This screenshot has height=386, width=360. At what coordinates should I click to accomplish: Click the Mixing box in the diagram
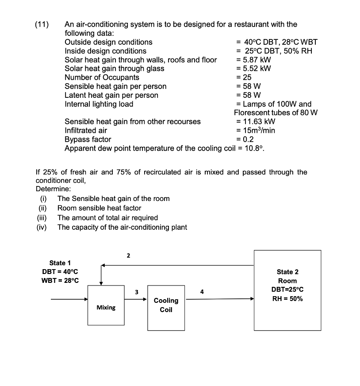pos(106,306)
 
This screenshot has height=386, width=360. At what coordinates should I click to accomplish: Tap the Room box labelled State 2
pos(287,290)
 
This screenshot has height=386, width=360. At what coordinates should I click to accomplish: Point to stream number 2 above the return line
pos(128,255)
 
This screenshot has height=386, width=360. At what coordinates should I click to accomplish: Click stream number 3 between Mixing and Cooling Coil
pos(137,292)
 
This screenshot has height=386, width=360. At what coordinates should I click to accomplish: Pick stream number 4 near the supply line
pos(202,292)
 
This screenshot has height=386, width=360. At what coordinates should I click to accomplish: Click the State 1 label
pos(60,263)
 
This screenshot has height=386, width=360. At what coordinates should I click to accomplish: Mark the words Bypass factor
pos(88,139)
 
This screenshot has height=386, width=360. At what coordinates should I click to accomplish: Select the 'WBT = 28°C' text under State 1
pos(61,281)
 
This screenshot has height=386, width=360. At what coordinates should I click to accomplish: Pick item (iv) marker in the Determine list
pos(42,227)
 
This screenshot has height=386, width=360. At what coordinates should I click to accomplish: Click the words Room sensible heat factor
pos(100,208)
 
